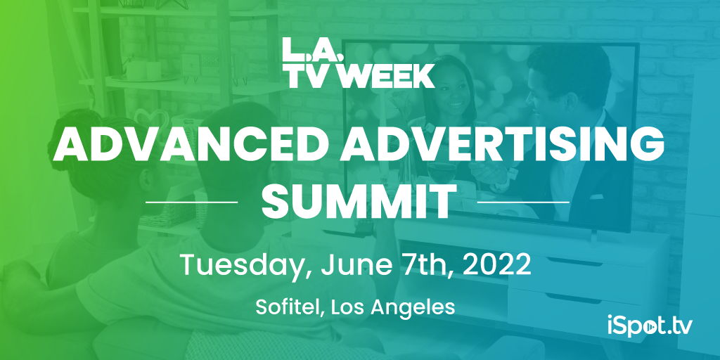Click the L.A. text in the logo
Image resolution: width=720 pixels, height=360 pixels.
[x=312, y=49]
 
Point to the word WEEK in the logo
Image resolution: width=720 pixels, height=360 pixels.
[x=389, y=75]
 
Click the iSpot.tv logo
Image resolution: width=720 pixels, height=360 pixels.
[x=649, y=326]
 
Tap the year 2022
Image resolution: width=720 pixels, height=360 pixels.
[x=497, y=264]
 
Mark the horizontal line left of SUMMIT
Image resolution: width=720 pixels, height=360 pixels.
[x=191, y=202]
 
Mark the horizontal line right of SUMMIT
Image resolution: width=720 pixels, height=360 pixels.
[x=523, y=202]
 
